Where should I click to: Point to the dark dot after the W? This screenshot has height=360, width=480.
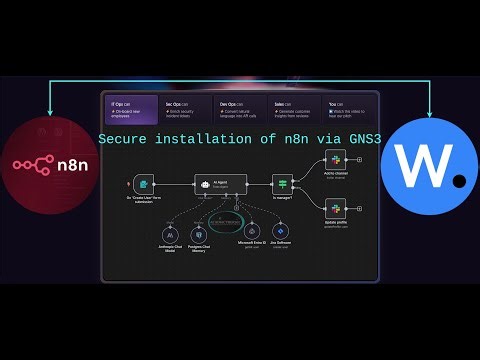460,181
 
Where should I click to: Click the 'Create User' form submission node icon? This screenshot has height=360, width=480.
145,184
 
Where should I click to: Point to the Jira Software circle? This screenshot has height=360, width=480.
281,232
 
